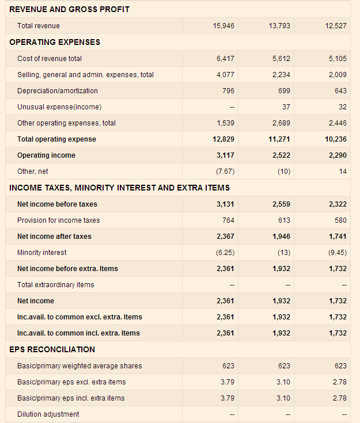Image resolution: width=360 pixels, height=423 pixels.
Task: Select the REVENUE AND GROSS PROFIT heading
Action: (x=69, y=9)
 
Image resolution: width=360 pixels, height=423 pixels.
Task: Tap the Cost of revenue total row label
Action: (x=50, y=59)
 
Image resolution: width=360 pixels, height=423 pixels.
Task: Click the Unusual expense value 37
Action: (x=286, y=107)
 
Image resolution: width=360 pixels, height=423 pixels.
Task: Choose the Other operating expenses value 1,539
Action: (x=225, y=123)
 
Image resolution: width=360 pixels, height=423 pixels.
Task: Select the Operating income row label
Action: (x=46, y=155)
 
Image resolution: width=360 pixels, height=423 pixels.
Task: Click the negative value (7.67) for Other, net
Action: (x=224, y=172)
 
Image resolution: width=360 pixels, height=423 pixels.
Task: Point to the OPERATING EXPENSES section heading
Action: (x=55, y=42)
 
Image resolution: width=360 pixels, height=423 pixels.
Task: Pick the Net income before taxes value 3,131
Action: (x=225, y=204)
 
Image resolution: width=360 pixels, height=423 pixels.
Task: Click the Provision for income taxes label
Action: (x=58, y=220)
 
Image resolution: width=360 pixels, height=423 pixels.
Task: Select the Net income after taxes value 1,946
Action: (x=281, y=237)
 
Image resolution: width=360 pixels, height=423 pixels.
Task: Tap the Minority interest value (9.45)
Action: (x=336, y=253)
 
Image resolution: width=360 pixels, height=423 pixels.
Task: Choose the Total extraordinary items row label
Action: (x=55, y=285)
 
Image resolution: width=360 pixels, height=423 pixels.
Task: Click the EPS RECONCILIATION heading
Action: (x=52, y=349)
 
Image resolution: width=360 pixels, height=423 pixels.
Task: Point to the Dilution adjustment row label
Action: (x=48, y=414)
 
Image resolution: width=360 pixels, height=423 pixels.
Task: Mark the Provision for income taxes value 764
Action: (x=228, y=220)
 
